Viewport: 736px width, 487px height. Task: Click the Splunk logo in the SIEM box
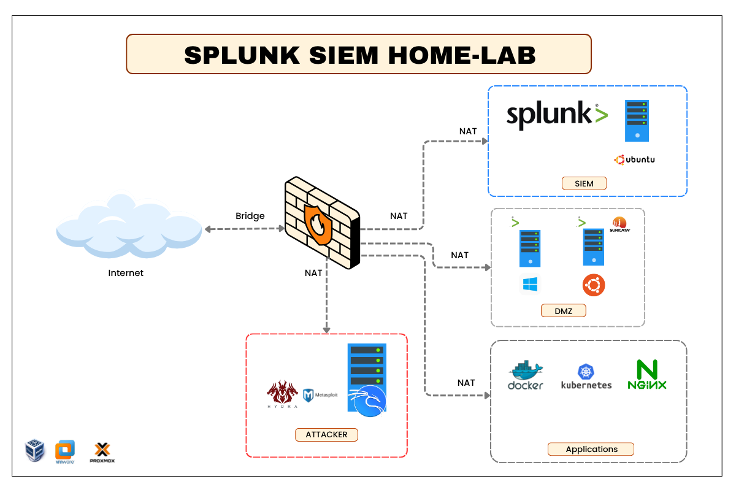557,115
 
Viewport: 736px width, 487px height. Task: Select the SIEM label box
585,183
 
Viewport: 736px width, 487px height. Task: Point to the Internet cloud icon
129,227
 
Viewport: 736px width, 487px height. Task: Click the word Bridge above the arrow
250,216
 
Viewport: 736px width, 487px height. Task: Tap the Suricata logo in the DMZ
621,224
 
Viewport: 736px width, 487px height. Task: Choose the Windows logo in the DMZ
530,285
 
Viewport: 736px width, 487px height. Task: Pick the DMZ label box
563,311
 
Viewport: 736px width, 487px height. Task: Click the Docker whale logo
526,375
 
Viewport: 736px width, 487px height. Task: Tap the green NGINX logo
646,375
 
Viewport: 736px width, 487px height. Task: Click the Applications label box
591,449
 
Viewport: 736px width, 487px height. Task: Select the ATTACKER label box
326,435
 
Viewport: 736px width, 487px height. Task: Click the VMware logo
65,451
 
